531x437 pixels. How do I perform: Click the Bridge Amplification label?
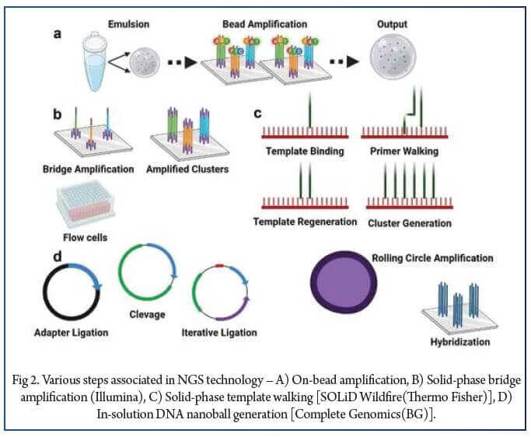(90, 169)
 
